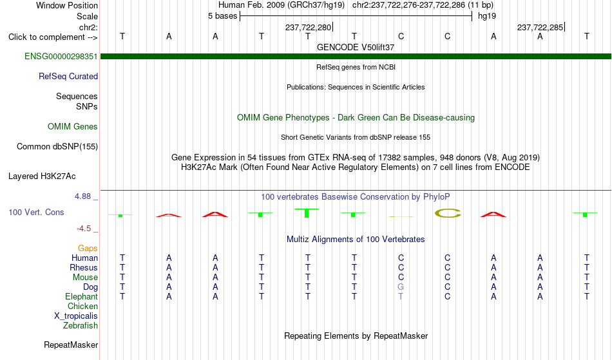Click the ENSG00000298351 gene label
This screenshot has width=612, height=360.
61,57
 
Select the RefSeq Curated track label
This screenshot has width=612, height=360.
68,77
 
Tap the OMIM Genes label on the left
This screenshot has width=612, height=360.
73,127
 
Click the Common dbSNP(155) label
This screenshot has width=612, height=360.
57,147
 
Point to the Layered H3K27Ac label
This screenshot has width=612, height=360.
42,176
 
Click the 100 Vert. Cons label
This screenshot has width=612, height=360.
36,212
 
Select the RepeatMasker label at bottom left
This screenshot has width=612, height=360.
71,345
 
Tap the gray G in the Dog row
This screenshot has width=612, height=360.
401,287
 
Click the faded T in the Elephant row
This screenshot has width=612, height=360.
401,296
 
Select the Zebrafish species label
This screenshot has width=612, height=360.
81,326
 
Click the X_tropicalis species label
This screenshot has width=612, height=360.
76,316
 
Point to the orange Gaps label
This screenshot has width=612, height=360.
88,249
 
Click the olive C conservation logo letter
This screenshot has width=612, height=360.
448,213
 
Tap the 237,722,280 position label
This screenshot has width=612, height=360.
308,27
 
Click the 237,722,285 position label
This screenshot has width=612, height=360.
540,27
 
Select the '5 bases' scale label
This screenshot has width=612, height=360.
222,16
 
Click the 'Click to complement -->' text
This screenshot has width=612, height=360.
53,37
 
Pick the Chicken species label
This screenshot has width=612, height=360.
82,306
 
